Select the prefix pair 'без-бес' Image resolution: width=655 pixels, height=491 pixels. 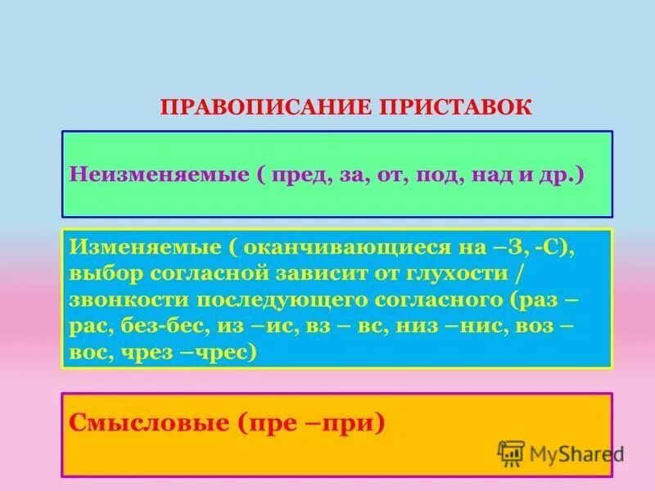[x=168, y=327]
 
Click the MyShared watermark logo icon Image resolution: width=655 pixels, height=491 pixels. [x=512, y=452]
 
